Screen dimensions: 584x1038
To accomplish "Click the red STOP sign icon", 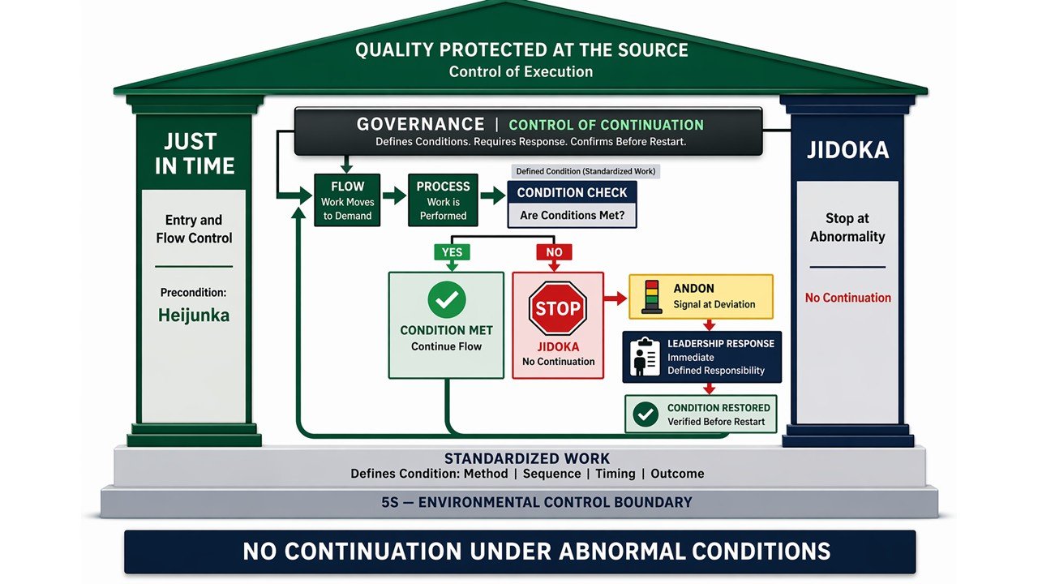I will coord(557,308).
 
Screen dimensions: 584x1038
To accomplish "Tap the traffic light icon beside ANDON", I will coord(651,296).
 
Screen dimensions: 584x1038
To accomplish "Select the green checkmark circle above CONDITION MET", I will coord(446,301).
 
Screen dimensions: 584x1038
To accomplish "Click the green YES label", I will coord(452,252).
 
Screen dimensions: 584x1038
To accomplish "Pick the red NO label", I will coord(554,252).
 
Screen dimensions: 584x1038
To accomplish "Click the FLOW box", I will coord(347,200).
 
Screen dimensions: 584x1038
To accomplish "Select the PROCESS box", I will coord(443,200).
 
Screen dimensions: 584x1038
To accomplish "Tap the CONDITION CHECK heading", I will coord(572,193).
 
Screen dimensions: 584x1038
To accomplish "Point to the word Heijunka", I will coord(194,316).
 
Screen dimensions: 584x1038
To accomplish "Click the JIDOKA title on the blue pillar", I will coord(847,151).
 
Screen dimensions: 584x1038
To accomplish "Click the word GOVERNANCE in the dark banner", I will coord(420,125).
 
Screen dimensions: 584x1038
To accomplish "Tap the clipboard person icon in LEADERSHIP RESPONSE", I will coord(646,357).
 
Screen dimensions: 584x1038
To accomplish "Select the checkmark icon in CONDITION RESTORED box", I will coord(645,414).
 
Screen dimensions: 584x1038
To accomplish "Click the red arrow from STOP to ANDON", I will coord(616,298).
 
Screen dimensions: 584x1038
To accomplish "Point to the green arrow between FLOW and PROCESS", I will coord(394,195).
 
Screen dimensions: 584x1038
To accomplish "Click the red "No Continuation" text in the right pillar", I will coord(847,298).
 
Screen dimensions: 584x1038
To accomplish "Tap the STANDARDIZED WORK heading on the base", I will coord(527,458).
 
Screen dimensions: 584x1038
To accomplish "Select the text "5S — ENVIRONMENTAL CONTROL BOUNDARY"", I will coord(536,502).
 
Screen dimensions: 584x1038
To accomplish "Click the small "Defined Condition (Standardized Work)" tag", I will coord(585,171).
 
